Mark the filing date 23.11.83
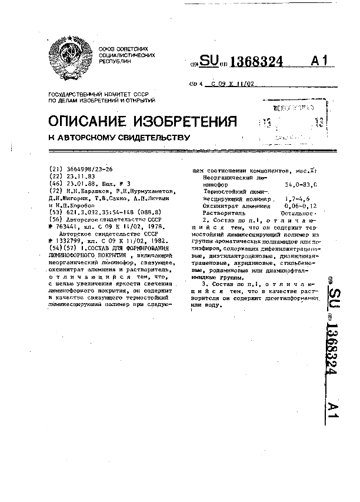tap(79, 175)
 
